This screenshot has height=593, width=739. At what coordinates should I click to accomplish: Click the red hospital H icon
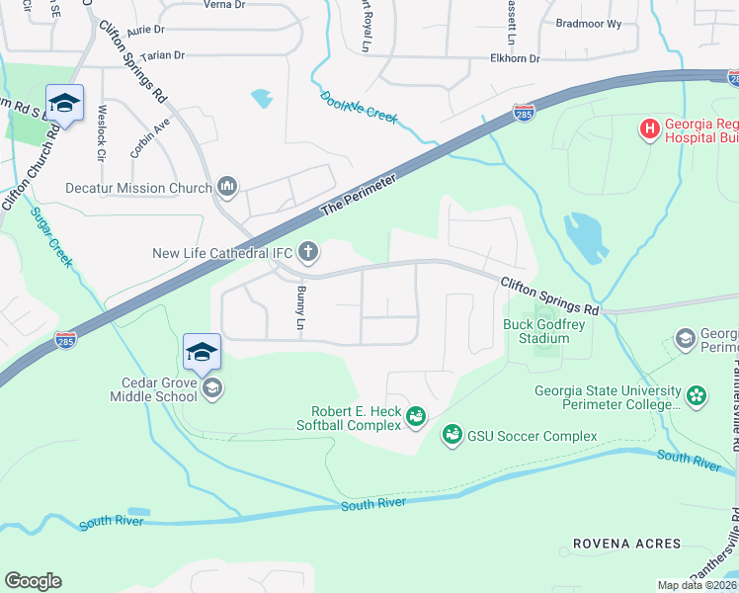pos(649,128)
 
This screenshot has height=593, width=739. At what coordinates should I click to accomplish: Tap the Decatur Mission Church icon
pos(228,187)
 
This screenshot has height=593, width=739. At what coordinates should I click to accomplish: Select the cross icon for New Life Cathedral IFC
pos(308,252)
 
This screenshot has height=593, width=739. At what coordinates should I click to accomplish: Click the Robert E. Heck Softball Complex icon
pos(416,418)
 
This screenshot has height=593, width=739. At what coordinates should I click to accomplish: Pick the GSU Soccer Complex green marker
pos(452,435)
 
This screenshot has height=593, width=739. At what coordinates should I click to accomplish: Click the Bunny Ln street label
pos(300,307)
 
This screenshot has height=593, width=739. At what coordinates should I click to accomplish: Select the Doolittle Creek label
pos(358,107)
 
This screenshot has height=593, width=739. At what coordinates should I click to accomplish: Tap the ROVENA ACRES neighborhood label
pos(626,545)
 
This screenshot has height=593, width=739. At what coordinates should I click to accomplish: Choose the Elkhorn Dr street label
pos(516,59)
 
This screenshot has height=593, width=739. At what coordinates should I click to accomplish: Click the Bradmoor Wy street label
pos(589,22)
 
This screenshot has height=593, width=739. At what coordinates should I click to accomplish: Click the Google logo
pos(33,581)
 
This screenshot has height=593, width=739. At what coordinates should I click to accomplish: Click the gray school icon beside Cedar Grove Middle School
pos(211,389)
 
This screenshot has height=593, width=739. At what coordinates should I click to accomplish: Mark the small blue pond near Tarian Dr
pos(262,98)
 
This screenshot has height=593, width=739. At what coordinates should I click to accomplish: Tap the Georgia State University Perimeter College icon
pos(697,396)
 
